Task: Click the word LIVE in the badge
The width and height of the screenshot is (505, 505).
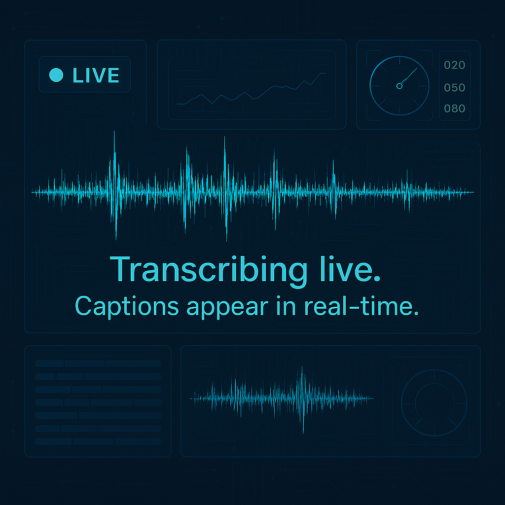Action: [x=96, y=75]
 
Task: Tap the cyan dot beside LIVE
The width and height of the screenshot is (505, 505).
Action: [x=57, y=75]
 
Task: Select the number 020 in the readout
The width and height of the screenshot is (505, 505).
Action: [x=454, y=65]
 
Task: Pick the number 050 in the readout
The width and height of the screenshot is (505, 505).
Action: [x=454, y=88]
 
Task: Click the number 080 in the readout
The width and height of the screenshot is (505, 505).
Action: [x=454, y=108]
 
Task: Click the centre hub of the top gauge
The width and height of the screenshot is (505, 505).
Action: [x=399, y=86]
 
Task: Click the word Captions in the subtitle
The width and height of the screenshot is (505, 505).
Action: [x=126, y=307]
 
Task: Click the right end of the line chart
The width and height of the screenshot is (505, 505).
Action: [x=326, y=73]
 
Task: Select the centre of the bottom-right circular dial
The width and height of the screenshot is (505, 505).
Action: [x=434, y=402]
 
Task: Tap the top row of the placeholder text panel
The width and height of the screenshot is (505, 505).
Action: [x=98, y=363]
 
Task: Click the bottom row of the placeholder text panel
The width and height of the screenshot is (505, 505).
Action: [x=98, y=441]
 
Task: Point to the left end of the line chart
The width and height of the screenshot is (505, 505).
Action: [x=177, y=104]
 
